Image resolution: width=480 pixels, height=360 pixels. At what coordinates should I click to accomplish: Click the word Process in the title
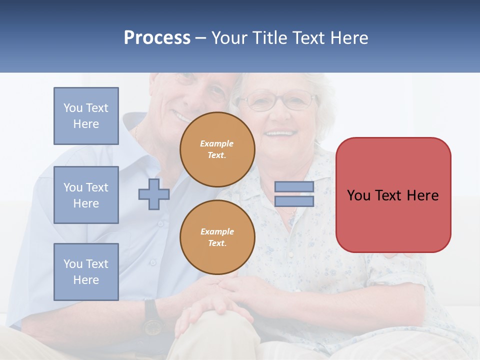click(157, 38)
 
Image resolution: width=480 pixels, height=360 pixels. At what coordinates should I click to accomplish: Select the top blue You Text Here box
click(86, 116)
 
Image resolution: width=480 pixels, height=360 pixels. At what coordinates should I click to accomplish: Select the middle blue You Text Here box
click(86, 195)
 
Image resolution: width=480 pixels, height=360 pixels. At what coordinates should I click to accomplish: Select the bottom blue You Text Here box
click(86, 272)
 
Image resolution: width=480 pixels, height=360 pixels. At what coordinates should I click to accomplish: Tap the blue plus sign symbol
click(153, 194)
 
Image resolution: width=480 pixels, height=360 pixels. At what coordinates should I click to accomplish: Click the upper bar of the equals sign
click(294, 186)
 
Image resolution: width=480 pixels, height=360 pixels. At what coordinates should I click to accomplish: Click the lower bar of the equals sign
click(294, 201)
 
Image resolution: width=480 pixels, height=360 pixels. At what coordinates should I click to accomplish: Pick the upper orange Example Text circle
click(217, 149)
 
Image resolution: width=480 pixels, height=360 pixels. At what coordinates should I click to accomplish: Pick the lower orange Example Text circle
click(217, 237)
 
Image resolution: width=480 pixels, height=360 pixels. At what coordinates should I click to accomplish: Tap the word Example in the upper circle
click(217, 143)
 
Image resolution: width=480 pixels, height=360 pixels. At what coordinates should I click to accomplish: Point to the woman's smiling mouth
click(280, 133)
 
